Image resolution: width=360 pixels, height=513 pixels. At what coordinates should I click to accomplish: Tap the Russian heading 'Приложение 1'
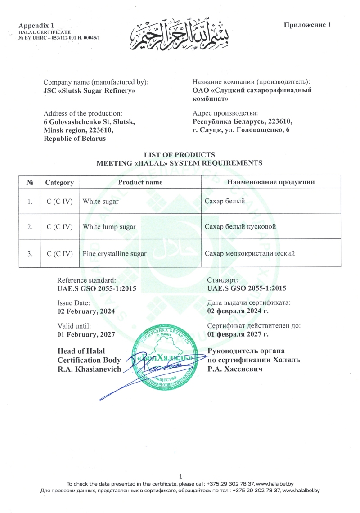pyautogui.click(x=307, y=25)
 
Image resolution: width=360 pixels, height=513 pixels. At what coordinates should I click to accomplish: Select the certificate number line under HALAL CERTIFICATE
pyautogui.click(x=59, y=37)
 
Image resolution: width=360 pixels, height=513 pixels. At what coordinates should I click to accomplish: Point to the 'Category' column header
pyautogui.click(x=59, y=183)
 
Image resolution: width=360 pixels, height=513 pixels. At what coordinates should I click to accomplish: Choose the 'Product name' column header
pyautogui.click(x=140, y=182)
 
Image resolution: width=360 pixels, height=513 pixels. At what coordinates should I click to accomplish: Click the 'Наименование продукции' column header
pyautogui.click(x=270, y=182)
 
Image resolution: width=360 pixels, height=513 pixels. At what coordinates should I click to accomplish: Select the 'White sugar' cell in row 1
pyautogui.click(x=101, y=202)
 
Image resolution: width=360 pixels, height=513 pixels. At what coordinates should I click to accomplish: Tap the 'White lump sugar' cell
pyautogui.click(x=109, y=227)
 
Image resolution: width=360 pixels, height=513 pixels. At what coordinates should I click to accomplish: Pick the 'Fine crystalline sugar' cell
pyautogui.click(x=115, y=254)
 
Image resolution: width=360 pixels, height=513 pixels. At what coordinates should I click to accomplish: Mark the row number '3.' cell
pyautogui.click(x=30, y=254)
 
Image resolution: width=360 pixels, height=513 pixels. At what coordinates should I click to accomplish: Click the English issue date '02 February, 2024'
pyautogui.click(x=86, y=311)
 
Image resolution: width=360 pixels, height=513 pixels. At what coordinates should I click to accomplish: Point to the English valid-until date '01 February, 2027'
pyautogui.click(x=86, y=334)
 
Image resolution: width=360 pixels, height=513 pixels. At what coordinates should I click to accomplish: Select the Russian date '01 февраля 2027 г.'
pyautogui.click(x=238, y=334)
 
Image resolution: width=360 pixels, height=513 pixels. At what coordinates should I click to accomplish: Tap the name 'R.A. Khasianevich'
pyautogui.click(x=90, y=369)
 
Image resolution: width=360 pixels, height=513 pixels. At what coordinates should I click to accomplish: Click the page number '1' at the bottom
pyautogui.click(x=180, y=476)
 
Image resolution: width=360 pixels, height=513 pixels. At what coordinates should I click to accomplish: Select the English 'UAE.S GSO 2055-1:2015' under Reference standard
pyautogui.click(x=97, y=288)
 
